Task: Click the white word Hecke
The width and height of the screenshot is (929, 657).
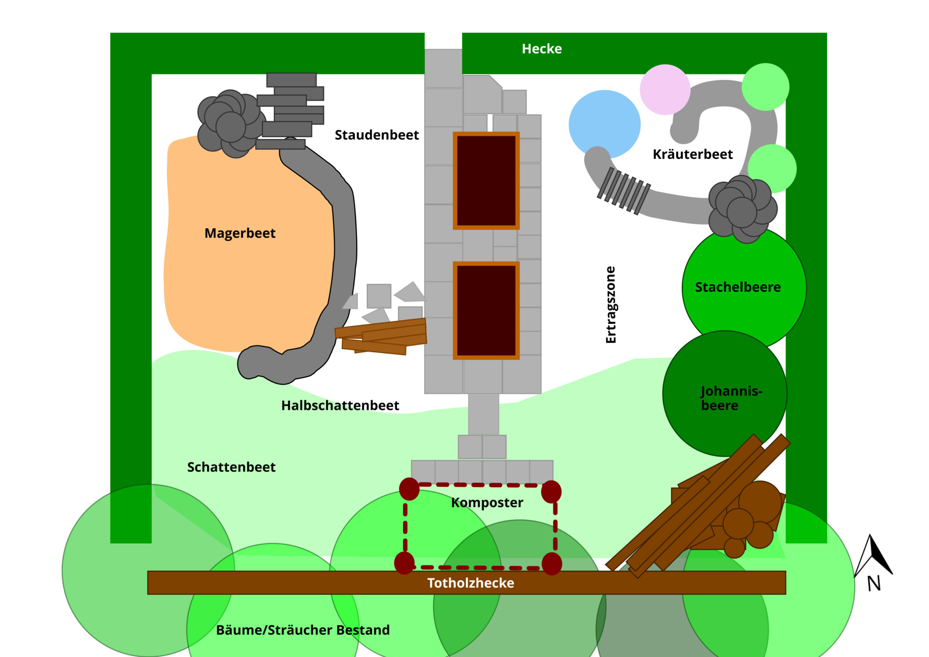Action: coord(542,49)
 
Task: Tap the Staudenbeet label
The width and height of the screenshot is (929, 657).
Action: coord(376,135)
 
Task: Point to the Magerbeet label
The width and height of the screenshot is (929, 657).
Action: coord(240,233)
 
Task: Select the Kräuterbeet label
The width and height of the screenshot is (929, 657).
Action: coord(693,154)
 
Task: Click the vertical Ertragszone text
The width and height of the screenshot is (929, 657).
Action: coord(611,305)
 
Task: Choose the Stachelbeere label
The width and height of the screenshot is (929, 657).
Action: coord(738,287)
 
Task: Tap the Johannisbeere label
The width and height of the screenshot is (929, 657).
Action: coord(731,398)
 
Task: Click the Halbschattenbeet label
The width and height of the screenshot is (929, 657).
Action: coord(340,405)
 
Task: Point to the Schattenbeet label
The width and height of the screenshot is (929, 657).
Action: coord(231,467)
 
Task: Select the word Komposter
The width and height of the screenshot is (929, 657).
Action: coord(487,502)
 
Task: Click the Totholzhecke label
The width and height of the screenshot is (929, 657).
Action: coord(471,583)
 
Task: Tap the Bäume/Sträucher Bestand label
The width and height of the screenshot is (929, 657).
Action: coord(303,630)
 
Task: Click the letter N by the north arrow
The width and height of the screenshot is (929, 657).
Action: coord(874,583)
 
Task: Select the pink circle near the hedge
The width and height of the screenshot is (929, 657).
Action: coord(665,89)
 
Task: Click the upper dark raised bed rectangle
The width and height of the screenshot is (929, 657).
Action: coord(486,181)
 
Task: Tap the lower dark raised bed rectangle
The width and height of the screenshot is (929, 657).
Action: coord(486,310)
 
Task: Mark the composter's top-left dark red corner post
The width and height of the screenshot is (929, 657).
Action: coord(409,489)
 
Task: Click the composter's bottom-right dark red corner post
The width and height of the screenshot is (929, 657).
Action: coord(552,564)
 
